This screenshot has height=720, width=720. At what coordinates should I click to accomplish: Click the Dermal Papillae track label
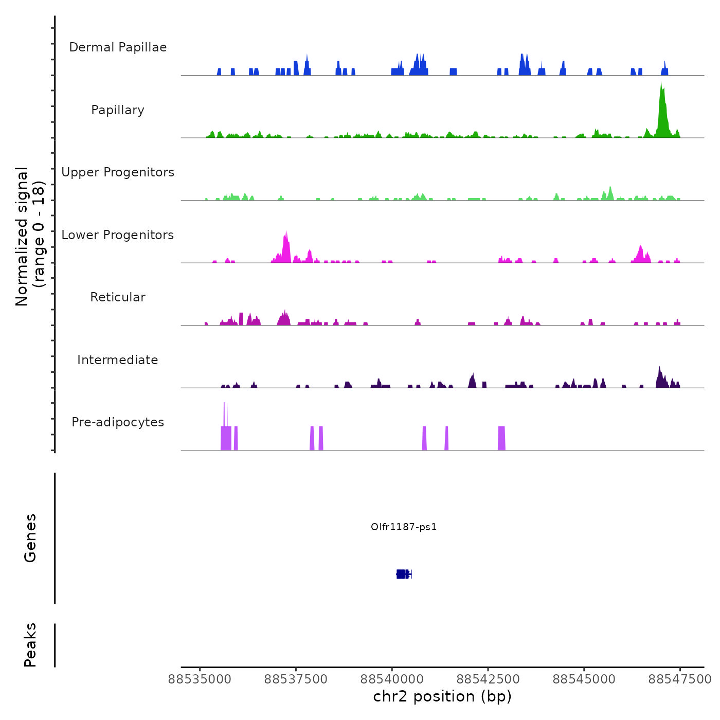pyautogui.click(x=118, y=47)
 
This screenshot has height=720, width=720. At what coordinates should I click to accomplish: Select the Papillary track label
pyautogui.click(x=118, y=110)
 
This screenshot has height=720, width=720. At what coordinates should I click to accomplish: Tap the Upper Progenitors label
pyautogui.click(x=118, y=172)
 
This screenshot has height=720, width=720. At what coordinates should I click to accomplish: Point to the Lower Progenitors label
pyautogui.click(x=118, y=235)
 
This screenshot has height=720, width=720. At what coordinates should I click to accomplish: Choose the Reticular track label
pyautogui.click(x=118, y=297)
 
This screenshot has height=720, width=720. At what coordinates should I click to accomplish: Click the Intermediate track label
pyautogui.click(x=118, y=360)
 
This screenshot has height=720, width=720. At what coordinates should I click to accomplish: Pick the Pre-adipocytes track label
pyautogui.click(x=118, y=422)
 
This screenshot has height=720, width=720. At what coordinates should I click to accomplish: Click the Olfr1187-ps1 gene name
pyautogui.click(x=404, y=527)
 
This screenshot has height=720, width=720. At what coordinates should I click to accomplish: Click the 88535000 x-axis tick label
pyautogui.click(x=200, y=679)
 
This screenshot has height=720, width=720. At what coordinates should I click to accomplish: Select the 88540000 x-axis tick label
pyautogui.click(x=392, y=679)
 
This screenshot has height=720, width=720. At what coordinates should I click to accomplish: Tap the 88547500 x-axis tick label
pyautogui.click(x=680, y=679)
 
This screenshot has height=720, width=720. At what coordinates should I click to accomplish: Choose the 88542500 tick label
pyautogui.click(x=488, y=679)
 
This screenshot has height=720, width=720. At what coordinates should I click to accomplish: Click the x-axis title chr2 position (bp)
pyautogui.click(x=442, y=697)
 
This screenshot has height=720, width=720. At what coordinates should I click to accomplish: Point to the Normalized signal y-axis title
pyautogui.click(x=30, y=237)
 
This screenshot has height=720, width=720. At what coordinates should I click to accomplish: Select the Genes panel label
pyautogui.click(x=30, y=538)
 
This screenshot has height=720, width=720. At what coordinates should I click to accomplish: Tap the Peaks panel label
pyautogui.click(x=30, y=645)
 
